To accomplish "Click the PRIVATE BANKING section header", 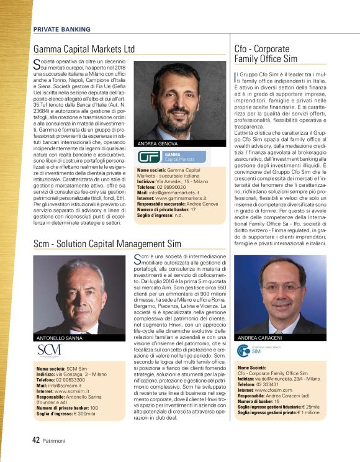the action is (61, 29).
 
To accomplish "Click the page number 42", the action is (36, 440).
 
